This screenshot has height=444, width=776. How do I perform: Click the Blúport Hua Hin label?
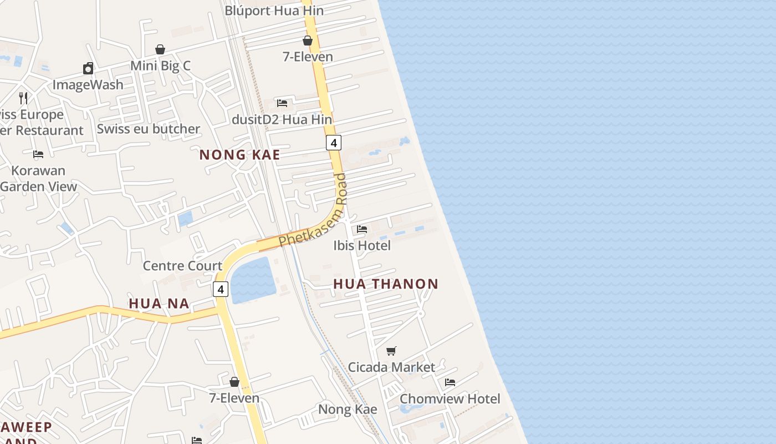(x=274, y=11)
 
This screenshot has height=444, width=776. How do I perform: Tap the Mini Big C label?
(x=160, y=65)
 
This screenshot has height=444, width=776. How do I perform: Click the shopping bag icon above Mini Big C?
(x=160, y=49)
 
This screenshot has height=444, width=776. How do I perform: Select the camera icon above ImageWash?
(x=88, y=68)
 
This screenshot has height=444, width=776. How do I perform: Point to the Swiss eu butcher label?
(x=148, y=129)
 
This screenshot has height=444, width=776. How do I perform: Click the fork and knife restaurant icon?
(x=23, y=98)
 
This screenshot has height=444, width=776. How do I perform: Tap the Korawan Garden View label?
(x=38, y=178)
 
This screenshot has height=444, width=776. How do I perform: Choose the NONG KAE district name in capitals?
(x=240, y=155)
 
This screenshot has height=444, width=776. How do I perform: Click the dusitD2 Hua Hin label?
(x=282, y=119)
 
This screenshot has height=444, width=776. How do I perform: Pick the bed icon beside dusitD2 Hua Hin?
(x=282, y=103)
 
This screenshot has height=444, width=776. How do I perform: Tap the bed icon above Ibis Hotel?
(x=362, y=229)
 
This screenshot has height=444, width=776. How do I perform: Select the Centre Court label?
(x=182, y=265)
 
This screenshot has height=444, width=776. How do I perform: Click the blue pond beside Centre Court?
(x=253, y=280)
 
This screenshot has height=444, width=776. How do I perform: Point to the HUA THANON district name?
(x=386, y=284)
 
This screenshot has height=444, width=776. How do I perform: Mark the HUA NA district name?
(x=159, y=303)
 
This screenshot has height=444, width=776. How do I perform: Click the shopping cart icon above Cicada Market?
(x=391, y=351)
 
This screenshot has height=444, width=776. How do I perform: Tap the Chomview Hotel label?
(x=450, y=398)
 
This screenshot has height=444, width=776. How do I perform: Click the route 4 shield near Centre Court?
(x=221, y=289)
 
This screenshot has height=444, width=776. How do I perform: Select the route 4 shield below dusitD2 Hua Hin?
(x=333, y=143)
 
